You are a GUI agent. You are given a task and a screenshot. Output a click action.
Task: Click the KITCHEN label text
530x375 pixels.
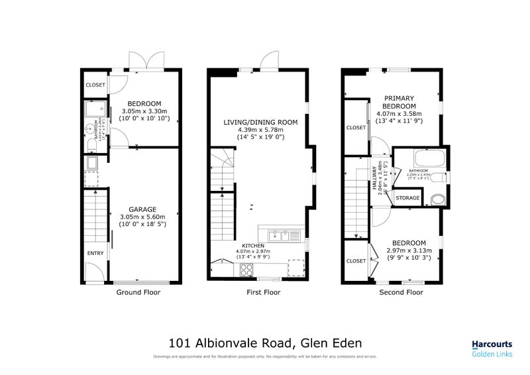(x=253, y=245)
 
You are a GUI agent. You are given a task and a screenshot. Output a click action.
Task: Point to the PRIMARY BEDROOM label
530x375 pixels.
(x=399, y=102)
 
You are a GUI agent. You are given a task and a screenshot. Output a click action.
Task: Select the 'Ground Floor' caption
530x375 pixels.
(x=138, y=292)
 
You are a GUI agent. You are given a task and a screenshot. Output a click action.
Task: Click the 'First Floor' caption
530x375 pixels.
(x=263, y=292)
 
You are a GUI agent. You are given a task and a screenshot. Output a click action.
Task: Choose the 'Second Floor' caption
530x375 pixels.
(x=401, y=292)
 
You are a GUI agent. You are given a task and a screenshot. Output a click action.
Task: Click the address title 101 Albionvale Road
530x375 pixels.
(x=265, y=343)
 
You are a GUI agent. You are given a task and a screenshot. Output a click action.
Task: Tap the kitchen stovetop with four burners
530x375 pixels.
(x=246, y=269)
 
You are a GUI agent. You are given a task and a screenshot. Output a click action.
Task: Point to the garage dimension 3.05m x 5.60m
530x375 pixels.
(x=142, y=217)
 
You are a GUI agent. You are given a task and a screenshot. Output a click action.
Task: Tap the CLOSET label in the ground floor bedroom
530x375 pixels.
(x=95, y=85)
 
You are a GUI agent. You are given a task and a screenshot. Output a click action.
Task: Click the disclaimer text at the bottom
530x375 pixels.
(x=265, y=356)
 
